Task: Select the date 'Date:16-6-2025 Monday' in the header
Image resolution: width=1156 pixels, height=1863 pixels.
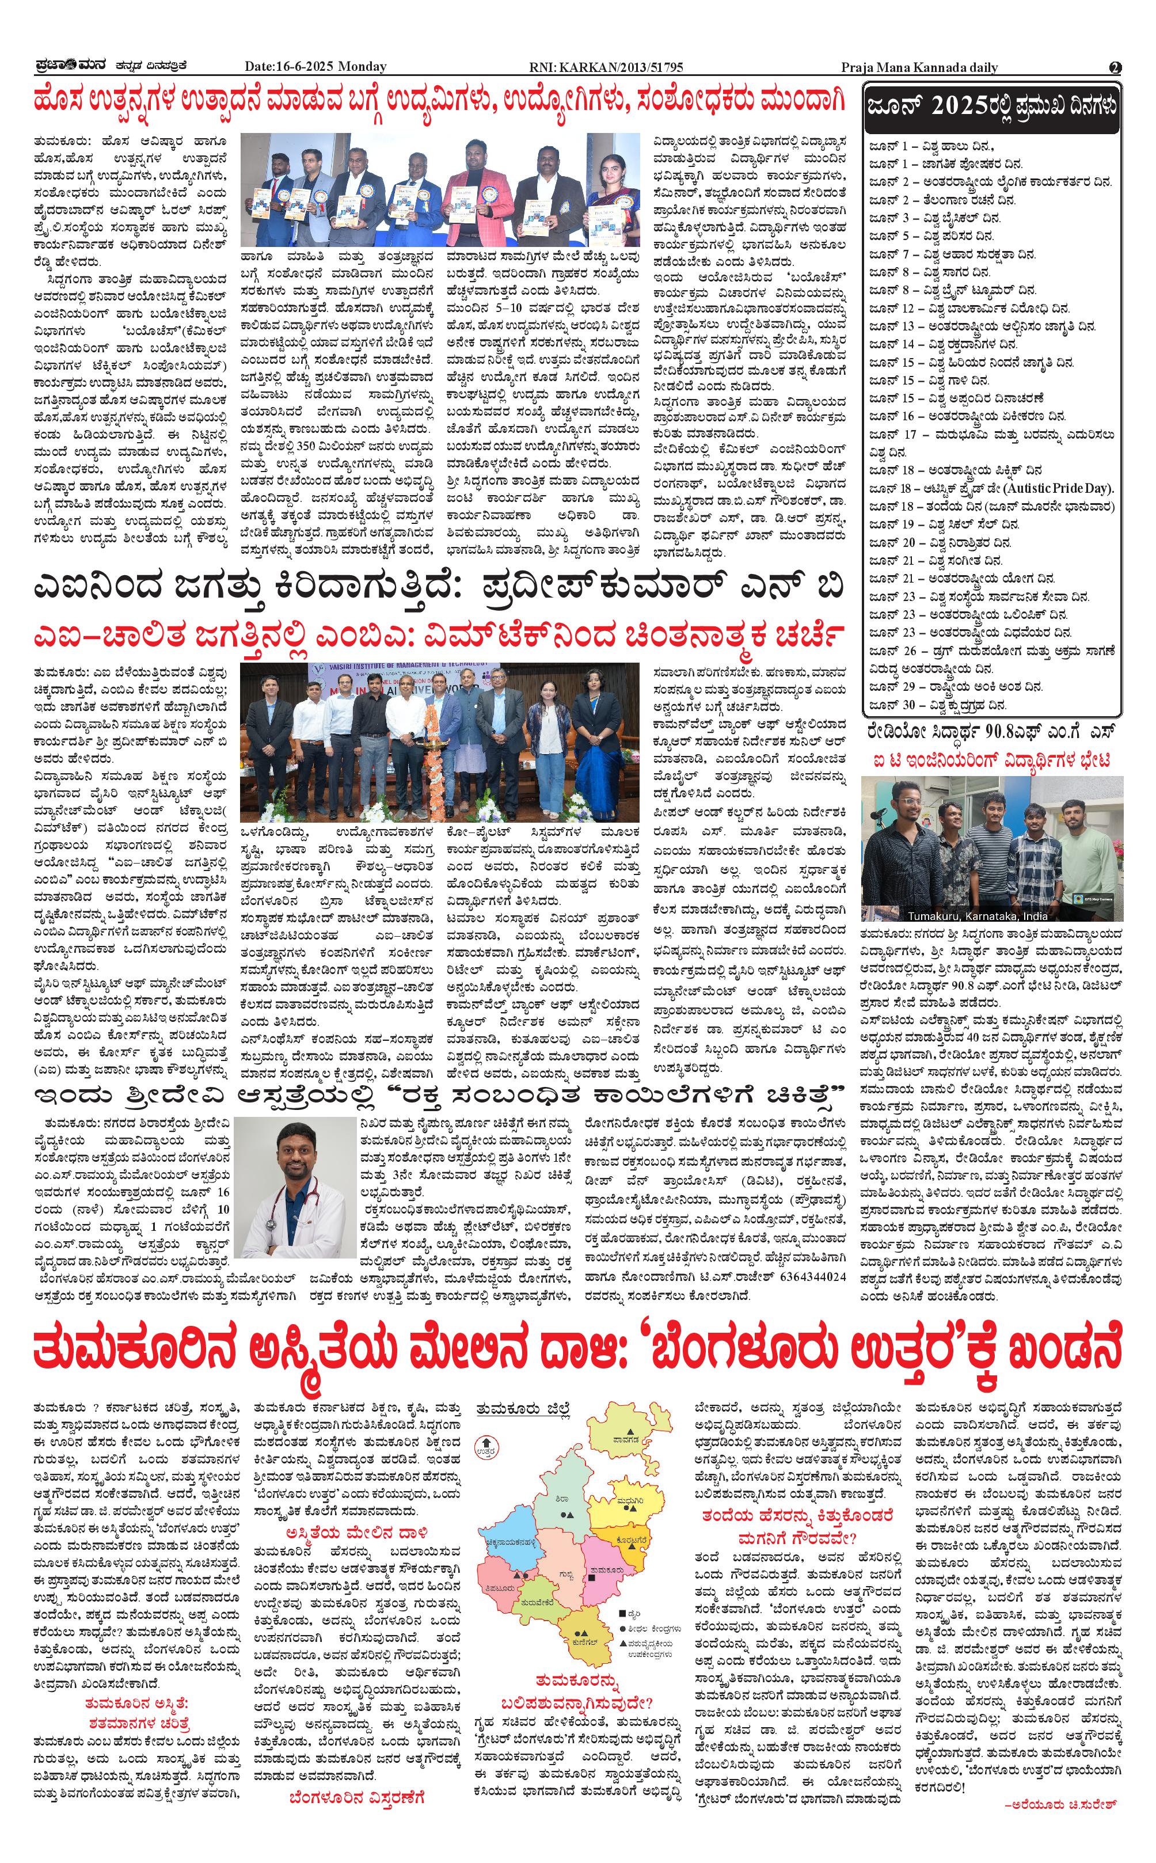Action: click(x=315, y=67)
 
